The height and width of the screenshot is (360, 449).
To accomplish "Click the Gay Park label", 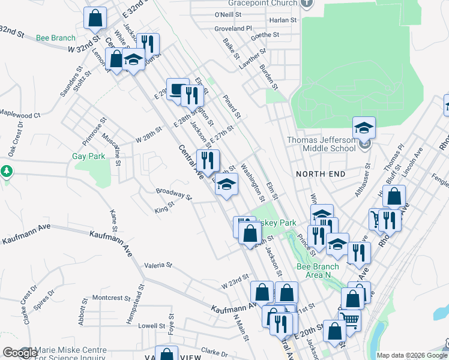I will click(88, 156).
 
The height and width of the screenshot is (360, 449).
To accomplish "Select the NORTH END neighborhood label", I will click(321, 173).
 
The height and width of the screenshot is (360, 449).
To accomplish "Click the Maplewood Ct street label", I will click(20, 113).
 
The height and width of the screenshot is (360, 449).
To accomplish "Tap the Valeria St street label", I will click(158, 265).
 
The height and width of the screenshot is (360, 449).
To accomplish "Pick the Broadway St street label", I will click(173, 194).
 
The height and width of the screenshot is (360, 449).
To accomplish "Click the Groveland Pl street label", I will click(233, 28).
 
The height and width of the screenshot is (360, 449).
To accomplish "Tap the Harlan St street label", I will click(283, 20).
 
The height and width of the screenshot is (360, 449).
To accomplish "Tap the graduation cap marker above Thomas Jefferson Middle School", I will click(364, 127).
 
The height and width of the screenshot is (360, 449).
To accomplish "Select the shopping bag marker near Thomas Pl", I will click(394, 196).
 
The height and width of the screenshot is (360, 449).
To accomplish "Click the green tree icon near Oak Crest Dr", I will click(7, 171).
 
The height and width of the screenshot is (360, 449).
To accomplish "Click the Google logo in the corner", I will click(19, 353).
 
